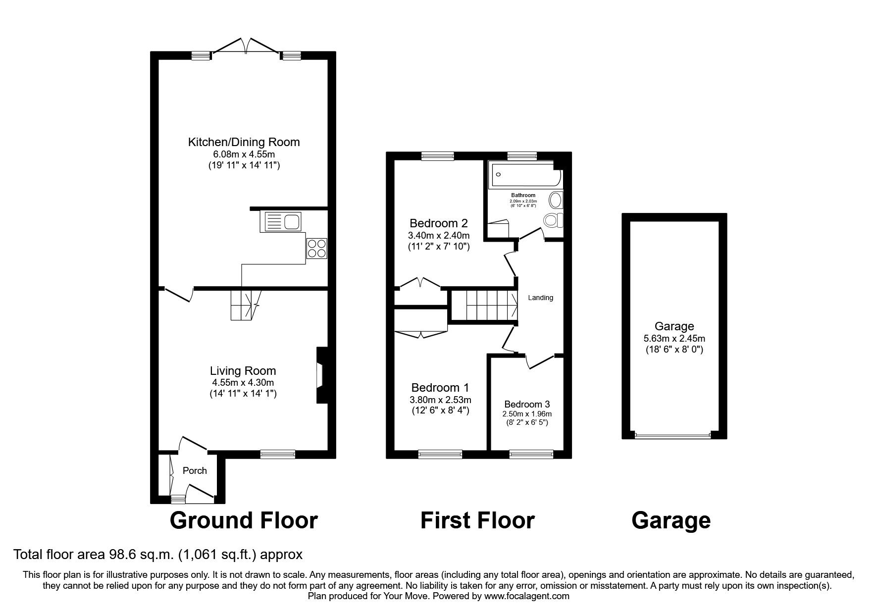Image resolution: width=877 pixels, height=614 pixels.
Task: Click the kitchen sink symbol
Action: pyautogui.click(x=280, y=221)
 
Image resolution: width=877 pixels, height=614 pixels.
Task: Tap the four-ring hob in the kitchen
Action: pyautogui.click(x=317, y=248)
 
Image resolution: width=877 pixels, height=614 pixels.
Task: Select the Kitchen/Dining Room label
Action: pyautogui.click(x=244, y=143)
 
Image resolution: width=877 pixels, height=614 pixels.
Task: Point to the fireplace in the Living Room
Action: pyautogui.click(x=320, y=375)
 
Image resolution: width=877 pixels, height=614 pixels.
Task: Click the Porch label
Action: pyautogui.click(x=195, y=470)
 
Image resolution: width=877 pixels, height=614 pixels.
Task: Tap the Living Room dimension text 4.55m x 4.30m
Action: pyautogui.click(x=243, y=382)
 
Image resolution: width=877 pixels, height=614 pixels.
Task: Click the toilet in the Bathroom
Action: pyautogui.click(x=553, y=219)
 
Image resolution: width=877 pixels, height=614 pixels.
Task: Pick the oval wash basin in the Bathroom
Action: pyautogui.click(x=556, y=200)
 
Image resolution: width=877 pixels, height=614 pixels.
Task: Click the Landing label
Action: pyautogui.click(x=540, y=298)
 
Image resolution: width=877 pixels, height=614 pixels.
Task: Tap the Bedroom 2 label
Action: pyautogui.click(x=439, y=223)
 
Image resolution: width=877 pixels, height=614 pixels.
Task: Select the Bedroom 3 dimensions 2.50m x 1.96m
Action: pyautogui.click(x=526, y=414)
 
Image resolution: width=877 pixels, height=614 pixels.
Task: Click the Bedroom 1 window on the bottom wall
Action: pyautogui.click(x=440, y=453)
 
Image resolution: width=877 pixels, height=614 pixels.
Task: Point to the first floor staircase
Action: pyautogui.click(x=485, y=306)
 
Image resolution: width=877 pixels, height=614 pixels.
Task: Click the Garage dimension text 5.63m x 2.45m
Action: pyautogui.click(x=674, y=339)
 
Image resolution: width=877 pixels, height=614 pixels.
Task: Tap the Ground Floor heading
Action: pyautogui.click(x=244, y=520)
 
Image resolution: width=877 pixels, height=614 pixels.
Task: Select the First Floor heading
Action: pyautogui.click(x=477, y=520)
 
